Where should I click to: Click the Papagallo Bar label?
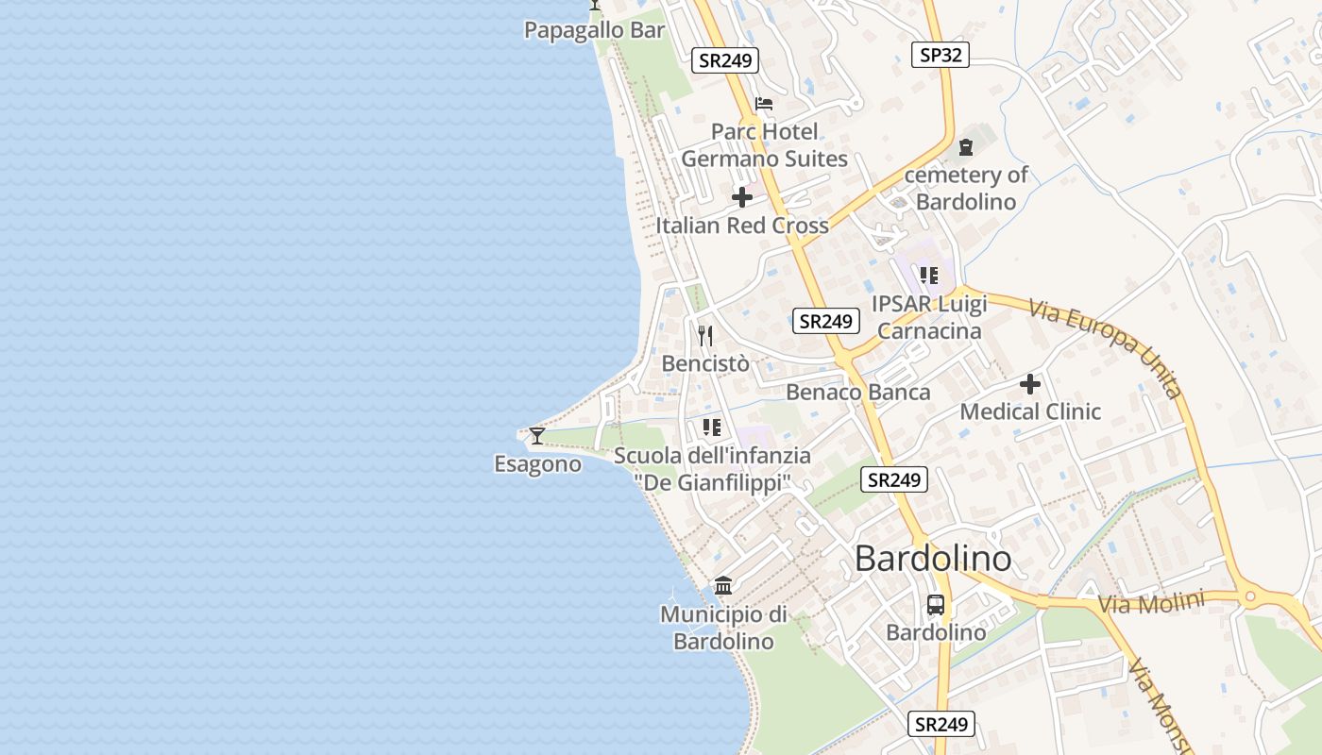[595, 30]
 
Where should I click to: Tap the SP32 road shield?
[941, 55]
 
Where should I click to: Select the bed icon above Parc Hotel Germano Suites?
[764, 104]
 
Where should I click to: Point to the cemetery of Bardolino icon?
[966, 147]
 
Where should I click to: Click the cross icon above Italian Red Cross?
[742, 197]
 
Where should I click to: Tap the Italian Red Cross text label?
[742, 226]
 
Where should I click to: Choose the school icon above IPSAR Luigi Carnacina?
[929, 276]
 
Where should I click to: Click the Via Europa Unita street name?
[1106, 347]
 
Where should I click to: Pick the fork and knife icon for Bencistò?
[705, 336]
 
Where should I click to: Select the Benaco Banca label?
[858, 392]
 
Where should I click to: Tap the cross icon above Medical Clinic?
[1030, 384]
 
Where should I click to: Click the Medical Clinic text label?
[1030, 411]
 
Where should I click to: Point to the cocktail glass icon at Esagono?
[537, 436]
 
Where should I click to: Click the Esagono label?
[537, 464]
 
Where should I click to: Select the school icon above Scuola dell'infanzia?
[712, 428]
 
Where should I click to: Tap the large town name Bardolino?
[933, 559]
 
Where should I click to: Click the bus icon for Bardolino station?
[936, 605]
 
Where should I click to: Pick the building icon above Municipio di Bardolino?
[723, 586]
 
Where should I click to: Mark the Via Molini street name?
[1152, 602]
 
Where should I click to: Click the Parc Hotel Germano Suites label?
[765, 145]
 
